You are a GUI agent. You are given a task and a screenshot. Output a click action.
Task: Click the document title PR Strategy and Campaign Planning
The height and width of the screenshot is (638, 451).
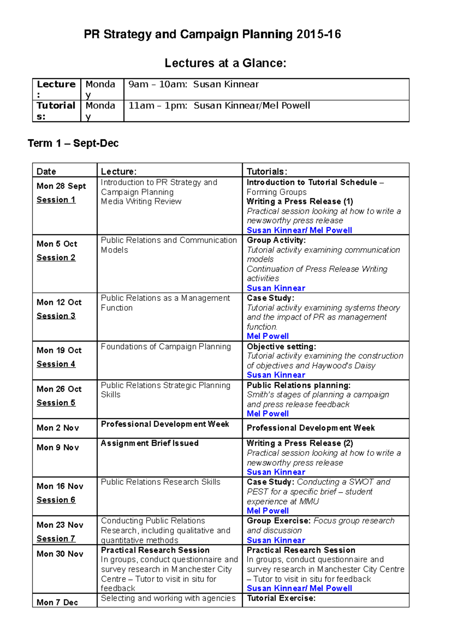pyautogui.click(x=212, y=35)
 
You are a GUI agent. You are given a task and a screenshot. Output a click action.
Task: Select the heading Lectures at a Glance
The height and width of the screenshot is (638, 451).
pyautogui.click(x=225, y=63)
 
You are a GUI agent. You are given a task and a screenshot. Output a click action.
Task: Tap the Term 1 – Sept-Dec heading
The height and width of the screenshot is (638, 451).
pyautogui.click(x=73, y=143)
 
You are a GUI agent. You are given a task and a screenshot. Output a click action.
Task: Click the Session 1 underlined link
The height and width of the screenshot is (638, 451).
pyautogui.click(x=56, y=200)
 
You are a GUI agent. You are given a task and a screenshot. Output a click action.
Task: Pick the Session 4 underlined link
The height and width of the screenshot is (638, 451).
pyautogui.click(x=56, y=364)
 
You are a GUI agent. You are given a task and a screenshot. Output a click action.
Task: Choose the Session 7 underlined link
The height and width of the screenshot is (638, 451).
pyautogui.click(x=56, y=538)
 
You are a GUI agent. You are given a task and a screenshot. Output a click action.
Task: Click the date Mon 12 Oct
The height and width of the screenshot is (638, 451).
pyautogui.click(x=59, y=302)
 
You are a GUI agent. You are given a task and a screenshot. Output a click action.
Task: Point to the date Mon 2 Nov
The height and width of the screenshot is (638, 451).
pyautogui.click(x=58, y=428)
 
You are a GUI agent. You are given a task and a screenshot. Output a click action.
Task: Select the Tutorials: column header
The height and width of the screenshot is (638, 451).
pyautogui.click(x=267, y=172)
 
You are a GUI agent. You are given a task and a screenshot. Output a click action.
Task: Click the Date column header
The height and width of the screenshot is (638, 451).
pyautogui.click(x=46, y=172)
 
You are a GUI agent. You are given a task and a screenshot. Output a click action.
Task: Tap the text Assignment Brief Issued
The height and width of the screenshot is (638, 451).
pyautogui.click(x=150, y=443)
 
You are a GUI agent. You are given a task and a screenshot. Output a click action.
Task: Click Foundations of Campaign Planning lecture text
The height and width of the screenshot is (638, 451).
pyautogui.click(x=166, y=346)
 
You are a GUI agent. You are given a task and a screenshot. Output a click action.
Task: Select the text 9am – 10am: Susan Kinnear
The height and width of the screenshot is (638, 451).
pyautogui.click(x=194, y=84)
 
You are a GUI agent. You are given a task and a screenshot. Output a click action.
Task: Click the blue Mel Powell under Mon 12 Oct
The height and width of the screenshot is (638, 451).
pyautogui.click(x=268, y=336)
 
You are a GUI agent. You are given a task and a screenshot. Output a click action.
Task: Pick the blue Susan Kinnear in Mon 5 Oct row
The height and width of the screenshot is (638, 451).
pyautogui.click(x=276, y=288)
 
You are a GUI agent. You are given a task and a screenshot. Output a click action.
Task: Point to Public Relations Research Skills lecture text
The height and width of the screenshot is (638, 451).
pyautogui.click(x=160, y=482)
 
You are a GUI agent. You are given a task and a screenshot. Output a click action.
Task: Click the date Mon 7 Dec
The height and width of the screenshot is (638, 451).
pyautogui.click(x=57, y=602)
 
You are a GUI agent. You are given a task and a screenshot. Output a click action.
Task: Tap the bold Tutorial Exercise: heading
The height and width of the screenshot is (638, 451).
pyautogui.click(x=281, y=598)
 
